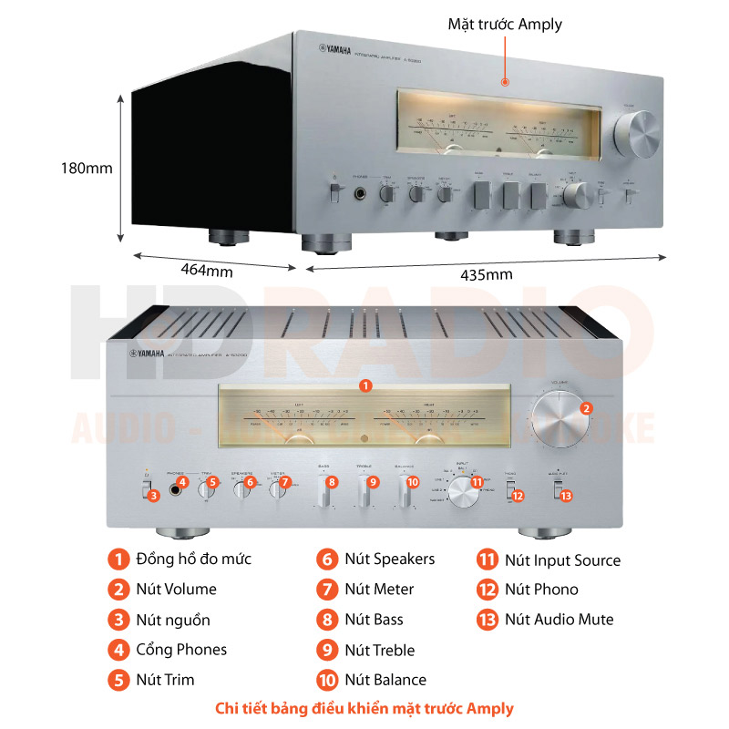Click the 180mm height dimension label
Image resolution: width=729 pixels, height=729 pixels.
[x=87, y=169]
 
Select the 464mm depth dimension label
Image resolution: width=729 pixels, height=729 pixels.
[x=206, y=270]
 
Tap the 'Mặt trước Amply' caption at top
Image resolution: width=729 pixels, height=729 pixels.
[x=505, y=25]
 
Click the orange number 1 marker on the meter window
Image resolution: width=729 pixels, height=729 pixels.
[x=364, y=385]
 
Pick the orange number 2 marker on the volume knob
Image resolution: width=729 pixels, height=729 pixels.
[x=586, y=409]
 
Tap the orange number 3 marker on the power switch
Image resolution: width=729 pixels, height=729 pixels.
[x=154, y=495]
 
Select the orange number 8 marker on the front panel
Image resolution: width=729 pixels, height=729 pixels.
[x=332, y=481]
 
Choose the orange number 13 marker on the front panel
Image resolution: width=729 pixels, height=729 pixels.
[x=566, y=496]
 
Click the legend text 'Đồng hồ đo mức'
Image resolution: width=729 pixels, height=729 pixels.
[x=193, y=559]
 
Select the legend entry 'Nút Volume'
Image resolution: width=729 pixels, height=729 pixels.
[x=176, y=589]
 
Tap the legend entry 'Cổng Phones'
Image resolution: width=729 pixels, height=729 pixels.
[x=181, y=650]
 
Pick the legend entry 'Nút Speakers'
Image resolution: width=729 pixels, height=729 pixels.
[x=389, y=559]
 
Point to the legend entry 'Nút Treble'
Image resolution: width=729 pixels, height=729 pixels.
[x=379, y=650]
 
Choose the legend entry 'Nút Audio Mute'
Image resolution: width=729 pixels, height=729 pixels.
[x=559, y=620]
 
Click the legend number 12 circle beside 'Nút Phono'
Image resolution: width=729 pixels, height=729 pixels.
[x=488, y=590]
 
